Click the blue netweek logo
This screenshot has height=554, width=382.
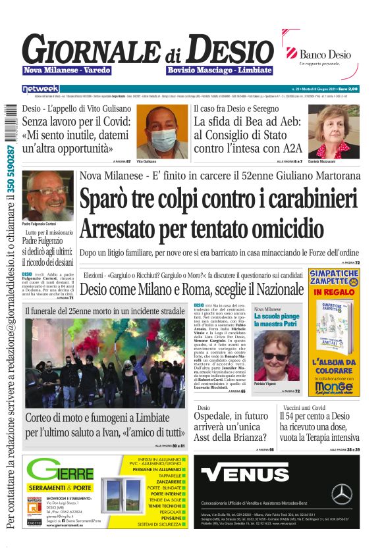[41, 88]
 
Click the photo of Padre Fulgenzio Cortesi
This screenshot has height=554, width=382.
[47, 195]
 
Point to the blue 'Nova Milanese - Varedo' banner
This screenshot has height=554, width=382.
[67, 70]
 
